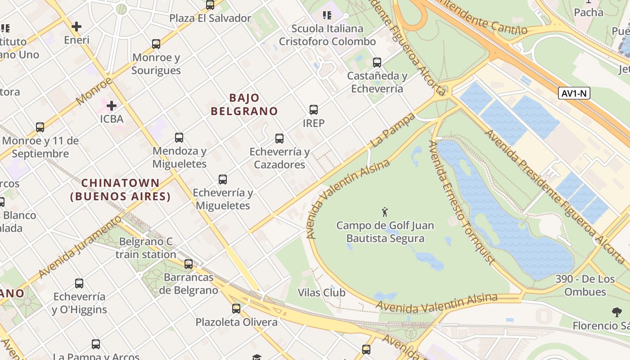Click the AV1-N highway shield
[574, 93]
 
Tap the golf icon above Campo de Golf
[385, 212]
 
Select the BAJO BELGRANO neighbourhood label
[244, 104]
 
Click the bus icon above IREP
[314, 109]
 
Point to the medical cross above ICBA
[112, 106]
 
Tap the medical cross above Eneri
[76, 27]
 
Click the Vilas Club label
[321, 293]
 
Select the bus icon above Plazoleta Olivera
[236, 309]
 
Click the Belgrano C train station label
[146, 248]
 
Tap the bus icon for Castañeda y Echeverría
[377, 63]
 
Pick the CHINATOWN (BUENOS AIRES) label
[121, 190]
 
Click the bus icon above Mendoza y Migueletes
[179, 138]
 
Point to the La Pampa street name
[392, 130]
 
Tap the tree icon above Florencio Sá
[616, 312]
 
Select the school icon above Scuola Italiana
[327, 16]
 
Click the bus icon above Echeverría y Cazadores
[279, 139]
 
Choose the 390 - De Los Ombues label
[585, 285]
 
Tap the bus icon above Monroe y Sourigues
[156, 44]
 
